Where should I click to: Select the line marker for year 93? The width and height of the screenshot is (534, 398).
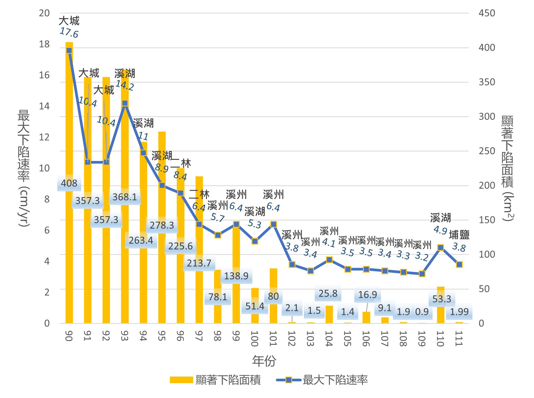pyautogui.click(x=125, y=103)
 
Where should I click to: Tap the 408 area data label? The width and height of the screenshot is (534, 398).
pyautogui.click(x=69, y=183)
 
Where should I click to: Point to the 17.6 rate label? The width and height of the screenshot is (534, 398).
pyautogui.click(x=69, y=32)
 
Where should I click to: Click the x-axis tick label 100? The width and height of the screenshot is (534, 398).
pyautogui.click(x=254, y=338)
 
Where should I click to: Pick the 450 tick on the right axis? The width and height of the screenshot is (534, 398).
pyautogui.click(x=487, y=13)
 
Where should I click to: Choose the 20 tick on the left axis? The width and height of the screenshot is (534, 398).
pyautogui.click(x=44, y=13)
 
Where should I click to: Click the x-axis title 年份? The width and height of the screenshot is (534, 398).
pyautogui.click(x=264, y=361)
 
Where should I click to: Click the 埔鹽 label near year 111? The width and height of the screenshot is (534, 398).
pyautogui.click(x=459, y=235)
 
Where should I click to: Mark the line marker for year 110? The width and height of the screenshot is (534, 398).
pyautogui.click(x=440, y=248)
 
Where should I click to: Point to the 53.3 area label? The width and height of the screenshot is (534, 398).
pyautogui.click(x=442, y=299)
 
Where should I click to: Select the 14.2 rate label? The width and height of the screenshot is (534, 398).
pyautogui.click(x=125, y=85)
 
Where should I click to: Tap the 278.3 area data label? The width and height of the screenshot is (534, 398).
pyautogui.click(x=162, y=225)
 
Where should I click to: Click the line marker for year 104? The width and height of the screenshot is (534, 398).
pyautogui.click(x=329, y=260)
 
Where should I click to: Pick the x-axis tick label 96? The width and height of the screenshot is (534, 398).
pyautogui.click(x=180, y=336)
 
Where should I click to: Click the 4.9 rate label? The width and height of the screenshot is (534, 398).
pyautogui.click(x=440, y=230)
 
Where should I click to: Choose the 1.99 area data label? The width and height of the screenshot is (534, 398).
pyautogui.click(x=459, y=312)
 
